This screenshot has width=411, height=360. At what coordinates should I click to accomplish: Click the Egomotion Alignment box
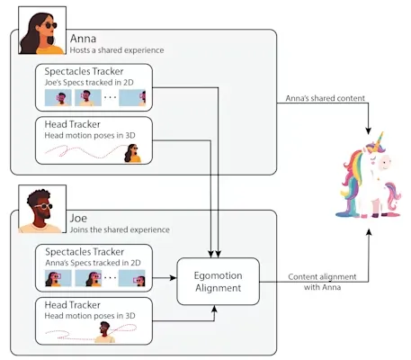[218, 282]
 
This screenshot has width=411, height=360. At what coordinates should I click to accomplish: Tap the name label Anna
[83, 39]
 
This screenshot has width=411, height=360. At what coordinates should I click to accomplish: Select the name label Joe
[78, 218]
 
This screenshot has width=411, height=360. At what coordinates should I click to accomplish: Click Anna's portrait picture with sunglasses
[42, 31]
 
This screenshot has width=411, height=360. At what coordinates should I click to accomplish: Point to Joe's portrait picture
[42, 209]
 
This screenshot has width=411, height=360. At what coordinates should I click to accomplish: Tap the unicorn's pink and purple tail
[392, 196]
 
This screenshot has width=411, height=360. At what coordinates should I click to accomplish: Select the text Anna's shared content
[325, 98]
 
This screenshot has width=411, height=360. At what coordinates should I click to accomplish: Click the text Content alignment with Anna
[322, 282]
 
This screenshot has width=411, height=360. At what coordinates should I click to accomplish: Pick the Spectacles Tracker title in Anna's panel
[84, 71]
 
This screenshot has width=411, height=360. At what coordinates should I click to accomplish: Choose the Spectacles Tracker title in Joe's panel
[85, 252]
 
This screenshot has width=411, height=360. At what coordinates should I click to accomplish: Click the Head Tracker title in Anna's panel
[72, 124]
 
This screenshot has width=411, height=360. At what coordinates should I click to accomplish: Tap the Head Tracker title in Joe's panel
[72, 305]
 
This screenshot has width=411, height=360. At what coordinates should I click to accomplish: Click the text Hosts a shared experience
[117, 50]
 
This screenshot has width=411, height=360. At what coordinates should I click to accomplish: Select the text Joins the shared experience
[120, 229]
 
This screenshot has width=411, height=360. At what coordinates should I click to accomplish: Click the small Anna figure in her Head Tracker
[132, 153]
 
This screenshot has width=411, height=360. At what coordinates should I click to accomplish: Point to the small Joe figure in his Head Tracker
[104, 332]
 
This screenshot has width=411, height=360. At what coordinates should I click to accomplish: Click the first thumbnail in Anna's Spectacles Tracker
[58, 97]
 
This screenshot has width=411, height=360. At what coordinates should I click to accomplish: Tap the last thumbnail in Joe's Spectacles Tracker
[132, 278]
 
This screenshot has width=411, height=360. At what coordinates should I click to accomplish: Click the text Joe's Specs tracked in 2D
[89, 83]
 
